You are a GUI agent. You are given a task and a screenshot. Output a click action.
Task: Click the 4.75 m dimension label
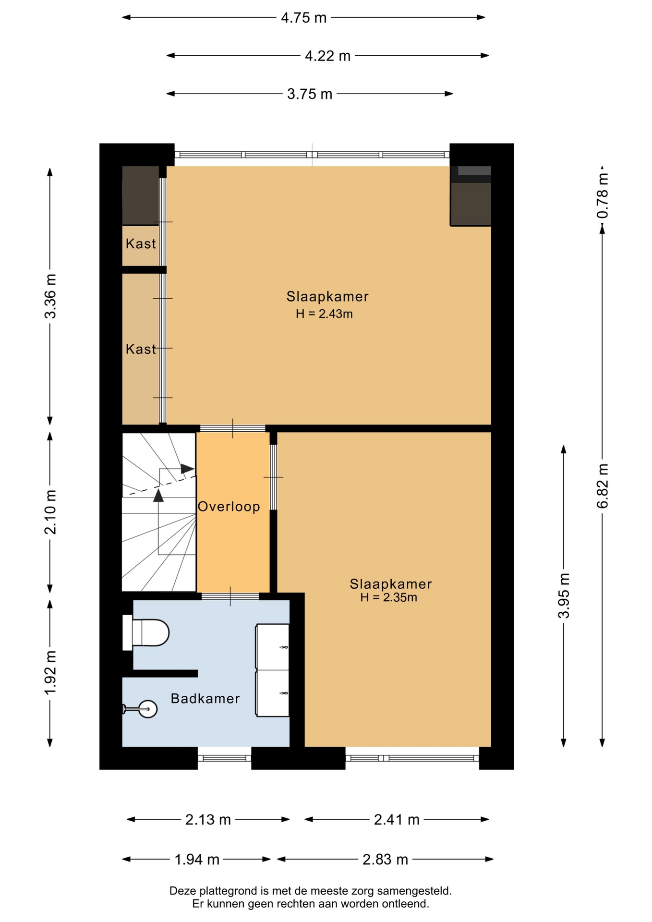pos(303,18)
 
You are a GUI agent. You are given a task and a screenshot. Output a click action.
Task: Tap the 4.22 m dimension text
pos(328,56)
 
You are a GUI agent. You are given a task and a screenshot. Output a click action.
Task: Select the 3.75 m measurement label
pos(310,94)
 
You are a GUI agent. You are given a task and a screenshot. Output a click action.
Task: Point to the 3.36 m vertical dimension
pos(50,296)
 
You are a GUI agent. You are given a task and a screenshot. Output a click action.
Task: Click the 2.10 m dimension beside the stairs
pos(50,512)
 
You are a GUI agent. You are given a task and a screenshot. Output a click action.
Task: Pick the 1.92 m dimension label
pos(50,672)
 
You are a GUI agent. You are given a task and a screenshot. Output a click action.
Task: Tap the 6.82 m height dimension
pos(603,486)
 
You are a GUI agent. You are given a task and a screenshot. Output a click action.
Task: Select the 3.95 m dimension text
pos(564,595)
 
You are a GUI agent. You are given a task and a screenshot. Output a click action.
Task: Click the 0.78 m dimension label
pos(603,195)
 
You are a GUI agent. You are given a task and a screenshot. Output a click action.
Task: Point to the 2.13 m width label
pos(208,820)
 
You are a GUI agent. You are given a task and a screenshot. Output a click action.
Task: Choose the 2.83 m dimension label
pos(385,860)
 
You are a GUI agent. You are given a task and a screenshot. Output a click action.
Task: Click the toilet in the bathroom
pos(146,632)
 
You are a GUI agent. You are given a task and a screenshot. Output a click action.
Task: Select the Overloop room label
pos(229,507)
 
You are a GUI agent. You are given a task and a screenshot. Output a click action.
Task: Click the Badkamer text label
pos(205,699)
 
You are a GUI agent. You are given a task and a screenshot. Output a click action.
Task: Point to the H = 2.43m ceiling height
pos(325,314)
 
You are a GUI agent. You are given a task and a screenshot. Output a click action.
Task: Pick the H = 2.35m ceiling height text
pos(389,598)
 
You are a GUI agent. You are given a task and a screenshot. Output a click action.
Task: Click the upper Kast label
pos(141,244)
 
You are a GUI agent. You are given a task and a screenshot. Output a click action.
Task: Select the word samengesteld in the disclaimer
pos(414,891)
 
